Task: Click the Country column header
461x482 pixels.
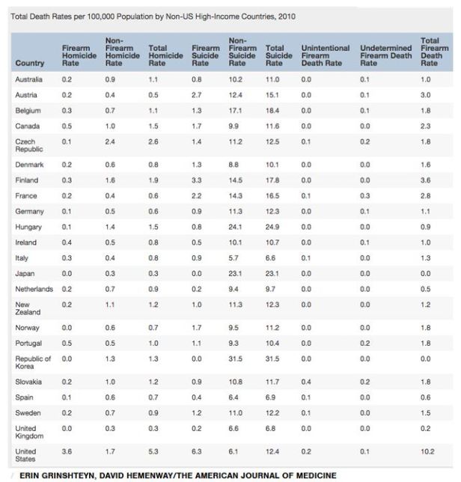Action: [29, 63]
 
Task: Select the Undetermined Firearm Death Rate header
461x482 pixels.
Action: [385, 55]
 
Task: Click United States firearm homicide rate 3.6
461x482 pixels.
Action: [66, 452]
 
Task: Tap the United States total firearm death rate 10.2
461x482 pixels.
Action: [427, 452]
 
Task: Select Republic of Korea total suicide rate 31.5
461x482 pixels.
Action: [274, 359]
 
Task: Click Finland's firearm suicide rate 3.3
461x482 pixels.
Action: [195, 180]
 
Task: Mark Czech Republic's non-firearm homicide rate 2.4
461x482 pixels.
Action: [109, 141]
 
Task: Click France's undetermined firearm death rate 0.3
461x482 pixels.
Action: [364, 195]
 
